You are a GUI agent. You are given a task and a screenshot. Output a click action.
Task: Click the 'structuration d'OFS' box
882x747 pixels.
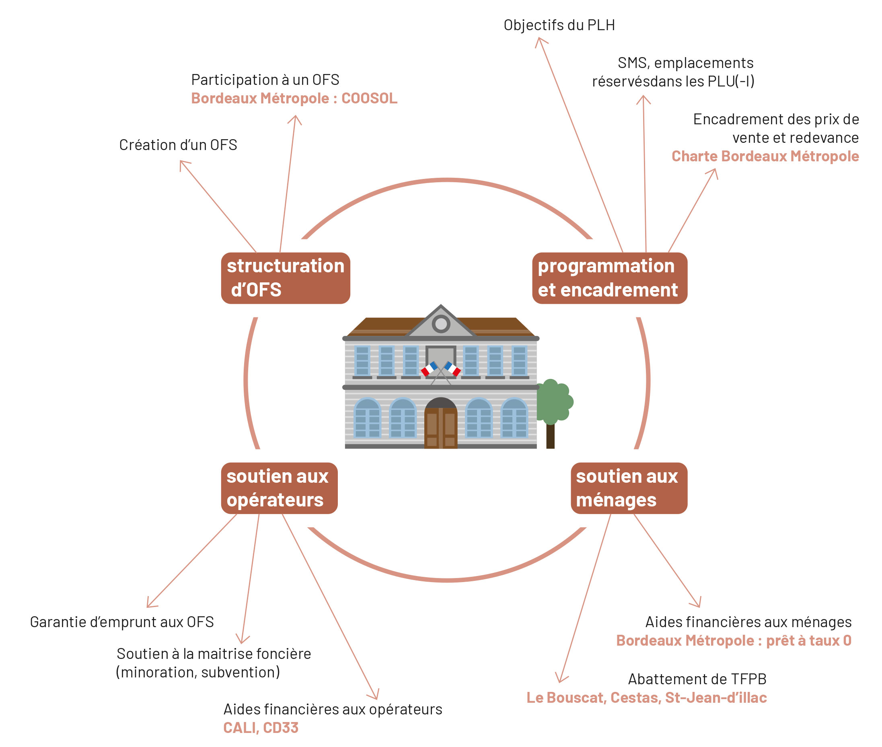[286, 278]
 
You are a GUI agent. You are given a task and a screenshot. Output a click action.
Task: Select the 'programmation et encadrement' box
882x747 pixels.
[609, 278]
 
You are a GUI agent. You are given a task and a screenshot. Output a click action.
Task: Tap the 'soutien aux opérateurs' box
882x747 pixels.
[279, 488]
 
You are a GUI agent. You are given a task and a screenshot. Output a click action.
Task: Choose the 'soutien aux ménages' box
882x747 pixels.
[629, 488]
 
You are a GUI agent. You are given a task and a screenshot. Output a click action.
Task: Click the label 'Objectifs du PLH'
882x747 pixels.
[559, 25]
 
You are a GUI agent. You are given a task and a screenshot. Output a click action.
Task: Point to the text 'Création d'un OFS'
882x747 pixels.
[178, 145]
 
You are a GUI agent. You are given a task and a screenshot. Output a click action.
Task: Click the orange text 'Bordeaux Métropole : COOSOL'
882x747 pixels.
[294, 98]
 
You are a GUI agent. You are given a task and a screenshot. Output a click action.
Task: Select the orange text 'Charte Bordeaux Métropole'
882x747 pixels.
[765, 156]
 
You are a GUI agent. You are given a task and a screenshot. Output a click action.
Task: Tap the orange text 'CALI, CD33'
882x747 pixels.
[261, 728]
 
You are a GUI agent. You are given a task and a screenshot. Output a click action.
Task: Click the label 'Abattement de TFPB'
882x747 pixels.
[697, 679]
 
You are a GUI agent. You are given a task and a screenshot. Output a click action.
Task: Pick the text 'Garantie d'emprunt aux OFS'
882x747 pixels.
[122, 621]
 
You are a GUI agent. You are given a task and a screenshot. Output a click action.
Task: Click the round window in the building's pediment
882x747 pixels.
[441, 324]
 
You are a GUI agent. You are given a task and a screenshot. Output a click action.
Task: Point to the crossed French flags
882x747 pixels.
[440, 369]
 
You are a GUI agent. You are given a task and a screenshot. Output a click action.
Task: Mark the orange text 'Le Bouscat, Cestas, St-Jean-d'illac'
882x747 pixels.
[647, 698]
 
